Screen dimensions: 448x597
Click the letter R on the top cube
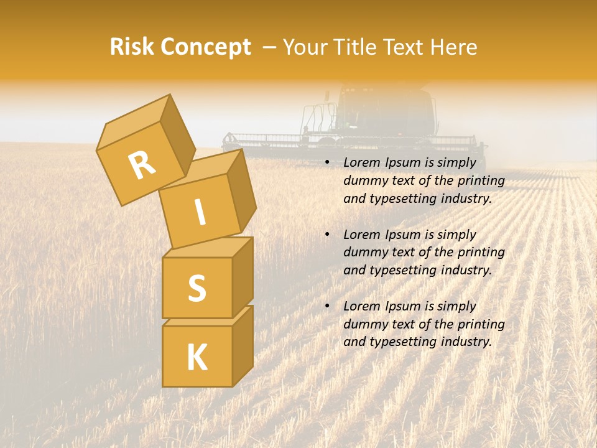[x=142, y=165]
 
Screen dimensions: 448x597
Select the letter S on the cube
[x=197, y=287]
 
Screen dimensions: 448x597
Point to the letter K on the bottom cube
[x=197, y=357]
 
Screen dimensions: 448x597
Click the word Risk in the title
[x=132, y=47]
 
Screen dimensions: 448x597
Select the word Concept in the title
[x=206, y=47]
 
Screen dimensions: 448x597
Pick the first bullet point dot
[x=327, y=163]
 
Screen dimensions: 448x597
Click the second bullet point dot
[x=327, y=235]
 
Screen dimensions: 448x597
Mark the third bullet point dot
[x=327, y=307]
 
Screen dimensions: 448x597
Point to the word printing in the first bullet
[x=481, y=181]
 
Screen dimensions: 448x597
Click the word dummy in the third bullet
[x=364, y=324]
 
